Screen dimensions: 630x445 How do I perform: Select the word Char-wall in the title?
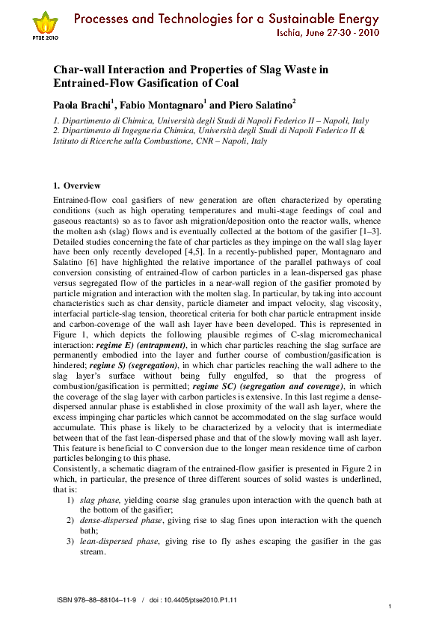point(83,70)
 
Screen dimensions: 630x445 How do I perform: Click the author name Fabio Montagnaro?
point(161,104)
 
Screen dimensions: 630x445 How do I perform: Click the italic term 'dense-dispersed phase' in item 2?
point(115,519)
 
